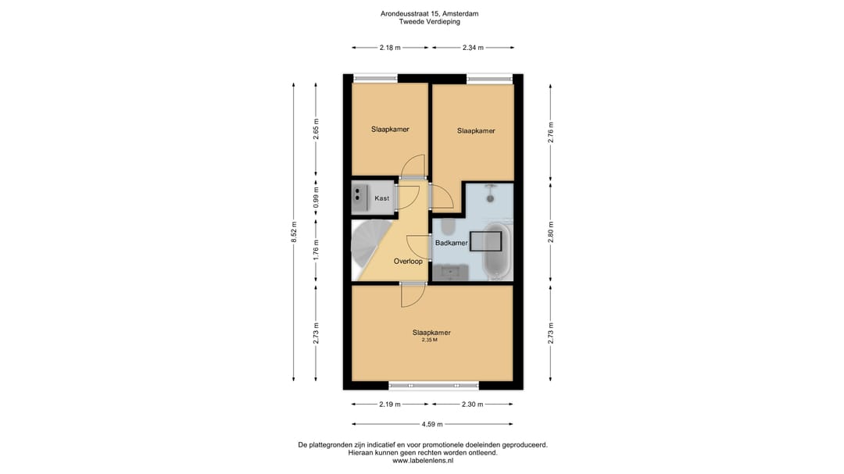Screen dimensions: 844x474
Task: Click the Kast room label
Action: [381, 198]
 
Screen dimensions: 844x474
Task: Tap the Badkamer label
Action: [451, 243]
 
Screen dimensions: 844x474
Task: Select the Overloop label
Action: [408, 262]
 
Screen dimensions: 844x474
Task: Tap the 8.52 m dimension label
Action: [294, 232]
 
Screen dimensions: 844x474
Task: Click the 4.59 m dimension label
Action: [432, 424]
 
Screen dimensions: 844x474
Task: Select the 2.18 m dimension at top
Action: [390, 48]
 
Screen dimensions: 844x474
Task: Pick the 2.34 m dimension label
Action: [473, 48]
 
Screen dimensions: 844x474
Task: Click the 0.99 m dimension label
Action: [316, 198]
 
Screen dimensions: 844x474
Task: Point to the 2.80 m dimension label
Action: [551, 232]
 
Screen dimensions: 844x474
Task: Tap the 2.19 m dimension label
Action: [390, 404]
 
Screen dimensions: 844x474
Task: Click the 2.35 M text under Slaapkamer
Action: [430, 340]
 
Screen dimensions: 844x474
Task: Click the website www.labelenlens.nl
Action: [423, 461]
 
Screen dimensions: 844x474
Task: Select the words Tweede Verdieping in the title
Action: [430, 22]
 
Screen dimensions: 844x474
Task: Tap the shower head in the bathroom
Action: [490, 198]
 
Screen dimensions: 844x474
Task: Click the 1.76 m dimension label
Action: [316, 250]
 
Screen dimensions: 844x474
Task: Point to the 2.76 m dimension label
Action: [551, 132]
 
